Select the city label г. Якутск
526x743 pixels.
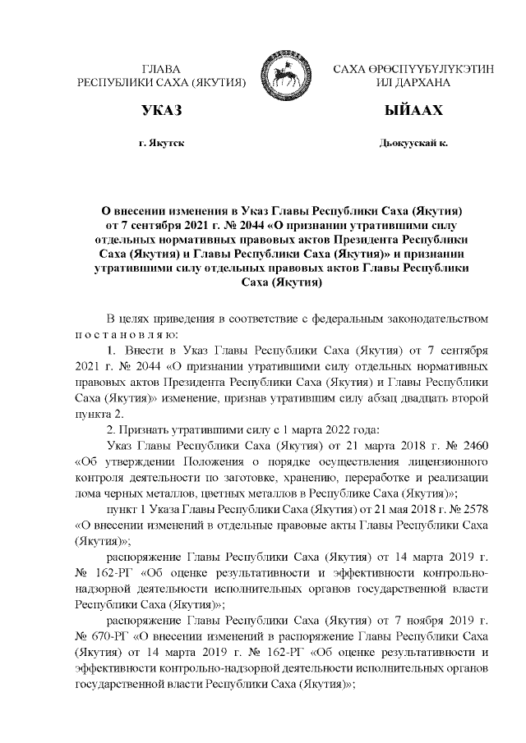161,143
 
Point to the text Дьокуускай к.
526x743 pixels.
413,143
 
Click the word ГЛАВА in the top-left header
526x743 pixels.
161,70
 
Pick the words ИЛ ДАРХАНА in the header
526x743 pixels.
413,83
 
